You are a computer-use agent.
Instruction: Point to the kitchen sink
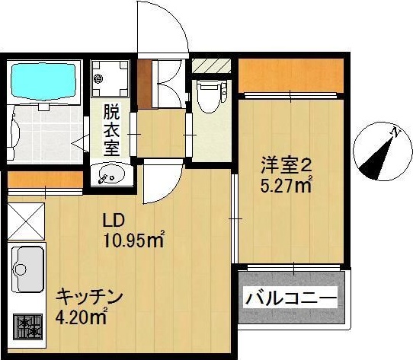point(27,269)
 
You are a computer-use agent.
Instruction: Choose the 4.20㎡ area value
point(81,317)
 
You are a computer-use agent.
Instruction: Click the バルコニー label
point(290,298)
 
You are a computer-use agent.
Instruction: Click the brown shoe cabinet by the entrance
point(146,82)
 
